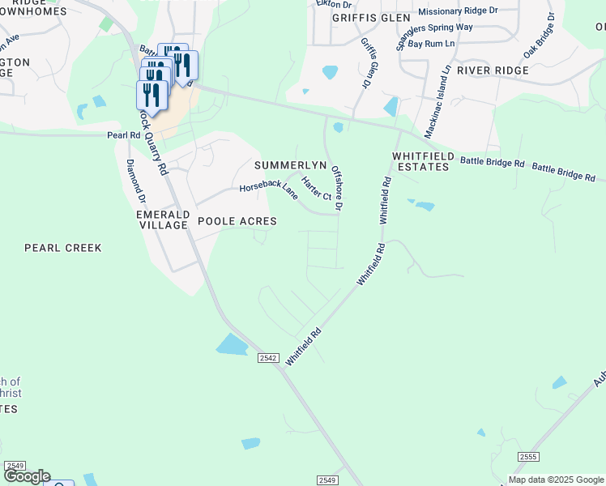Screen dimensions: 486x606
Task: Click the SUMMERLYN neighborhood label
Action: tap(290, 165)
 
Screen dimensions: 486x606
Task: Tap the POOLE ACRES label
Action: tap(237, 221)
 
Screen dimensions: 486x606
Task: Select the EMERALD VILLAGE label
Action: tap(163, 220)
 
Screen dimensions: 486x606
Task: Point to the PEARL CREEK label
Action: tap(63, 248)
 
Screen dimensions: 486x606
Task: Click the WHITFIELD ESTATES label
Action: tap(420, 161)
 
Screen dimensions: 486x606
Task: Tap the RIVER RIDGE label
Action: tap(493, 70)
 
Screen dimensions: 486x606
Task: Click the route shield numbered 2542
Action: tap(269, 357)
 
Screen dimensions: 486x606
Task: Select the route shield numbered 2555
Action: tap(528, 458)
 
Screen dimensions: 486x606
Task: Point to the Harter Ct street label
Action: tap(316, 188)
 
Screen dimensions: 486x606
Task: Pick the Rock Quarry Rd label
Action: tap(152, 143)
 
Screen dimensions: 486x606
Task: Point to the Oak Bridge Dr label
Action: tap(540, 36)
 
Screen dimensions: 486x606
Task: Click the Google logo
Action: tap(26, 476)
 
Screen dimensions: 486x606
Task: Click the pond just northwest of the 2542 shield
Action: tap(232, 344)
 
